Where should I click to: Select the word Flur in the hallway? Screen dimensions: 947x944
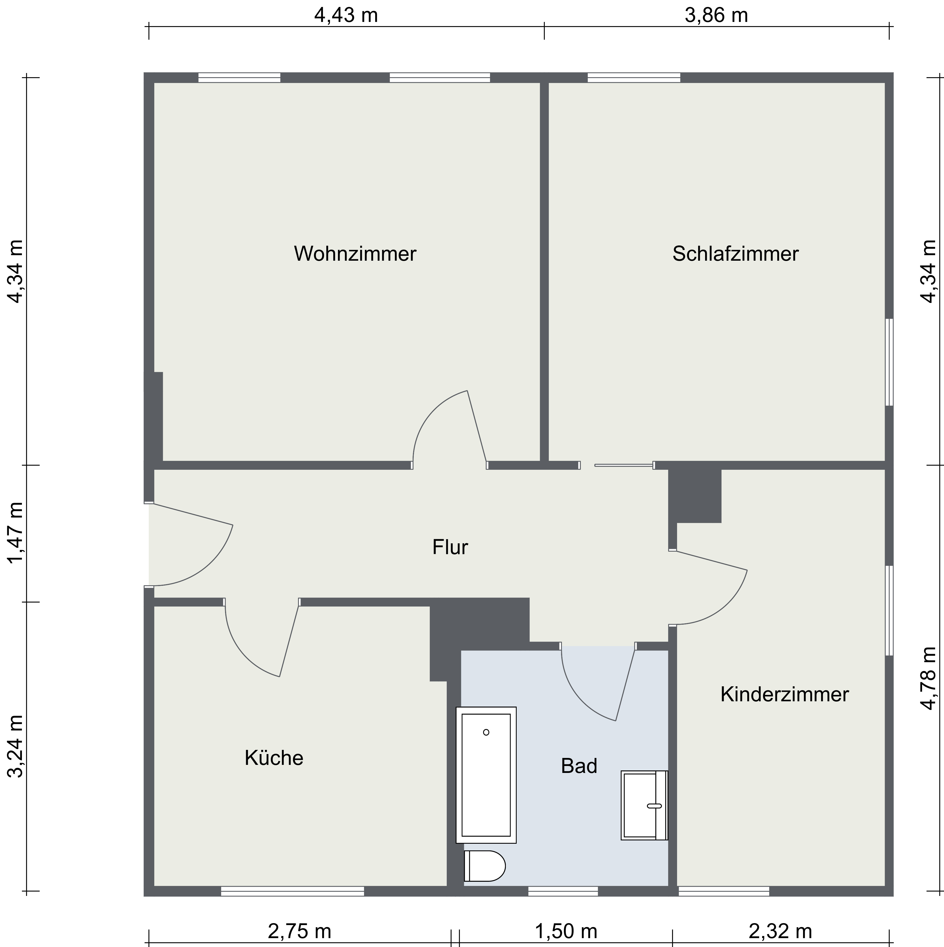450,547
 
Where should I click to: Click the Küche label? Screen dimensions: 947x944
274,758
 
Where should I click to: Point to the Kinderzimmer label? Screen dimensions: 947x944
784,695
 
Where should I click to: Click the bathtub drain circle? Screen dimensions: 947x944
486,732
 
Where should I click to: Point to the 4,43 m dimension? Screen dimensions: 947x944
345,16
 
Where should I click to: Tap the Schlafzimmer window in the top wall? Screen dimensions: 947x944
633,77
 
